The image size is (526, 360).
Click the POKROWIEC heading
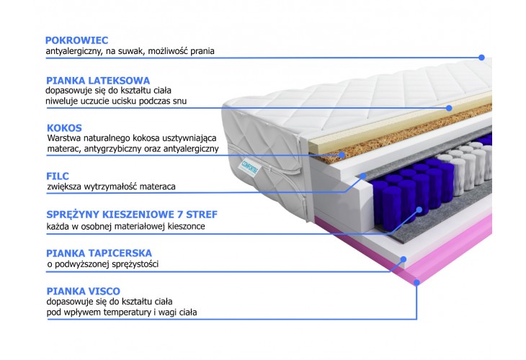77,40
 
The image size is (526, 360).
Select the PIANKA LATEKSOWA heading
98,81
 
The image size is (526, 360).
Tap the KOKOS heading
64,128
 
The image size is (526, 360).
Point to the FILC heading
58,176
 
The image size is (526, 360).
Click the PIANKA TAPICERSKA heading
99,253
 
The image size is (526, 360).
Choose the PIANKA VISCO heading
83,292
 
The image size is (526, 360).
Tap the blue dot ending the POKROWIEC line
482,58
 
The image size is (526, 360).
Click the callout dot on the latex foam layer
449,108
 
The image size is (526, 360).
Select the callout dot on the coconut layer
342,155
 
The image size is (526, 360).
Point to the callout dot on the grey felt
363,176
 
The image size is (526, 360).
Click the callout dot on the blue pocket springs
419,210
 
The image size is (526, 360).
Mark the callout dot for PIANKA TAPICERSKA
404,259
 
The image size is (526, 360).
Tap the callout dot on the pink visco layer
416,282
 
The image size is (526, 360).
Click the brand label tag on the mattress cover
250,168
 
